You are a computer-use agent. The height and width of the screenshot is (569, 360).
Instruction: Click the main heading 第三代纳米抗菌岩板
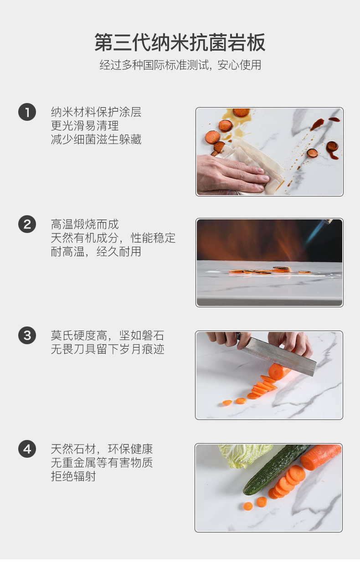coord(180,42)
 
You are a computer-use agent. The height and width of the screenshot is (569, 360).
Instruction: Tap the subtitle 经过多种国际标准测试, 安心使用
coord(180,65)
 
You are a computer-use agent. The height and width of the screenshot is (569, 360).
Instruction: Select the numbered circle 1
coord(27,112)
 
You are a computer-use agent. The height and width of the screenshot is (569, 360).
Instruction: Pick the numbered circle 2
coord(27,224)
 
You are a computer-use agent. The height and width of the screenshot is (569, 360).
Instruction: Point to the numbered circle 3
coord(27,335)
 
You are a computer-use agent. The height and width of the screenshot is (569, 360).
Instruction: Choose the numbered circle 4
coord(27,449)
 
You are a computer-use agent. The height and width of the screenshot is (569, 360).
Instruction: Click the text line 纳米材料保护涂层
coord(96,112)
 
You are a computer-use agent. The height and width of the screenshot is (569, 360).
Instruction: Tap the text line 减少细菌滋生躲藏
coord(96,140)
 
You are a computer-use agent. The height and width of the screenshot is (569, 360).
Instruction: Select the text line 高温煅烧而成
coord(85,224)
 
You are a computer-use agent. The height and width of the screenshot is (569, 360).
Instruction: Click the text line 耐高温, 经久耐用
coord(96,252)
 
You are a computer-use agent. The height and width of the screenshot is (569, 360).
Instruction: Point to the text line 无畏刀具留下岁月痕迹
coord(108,349)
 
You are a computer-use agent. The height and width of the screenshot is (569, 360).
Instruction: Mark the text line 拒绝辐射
coord(73,476)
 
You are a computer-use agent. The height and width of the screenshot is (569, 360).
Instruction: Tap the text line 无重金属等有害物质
coord(102,463)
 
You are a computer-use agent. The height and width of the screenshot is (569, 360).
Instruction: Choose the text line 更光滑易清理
coord(85,126)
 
